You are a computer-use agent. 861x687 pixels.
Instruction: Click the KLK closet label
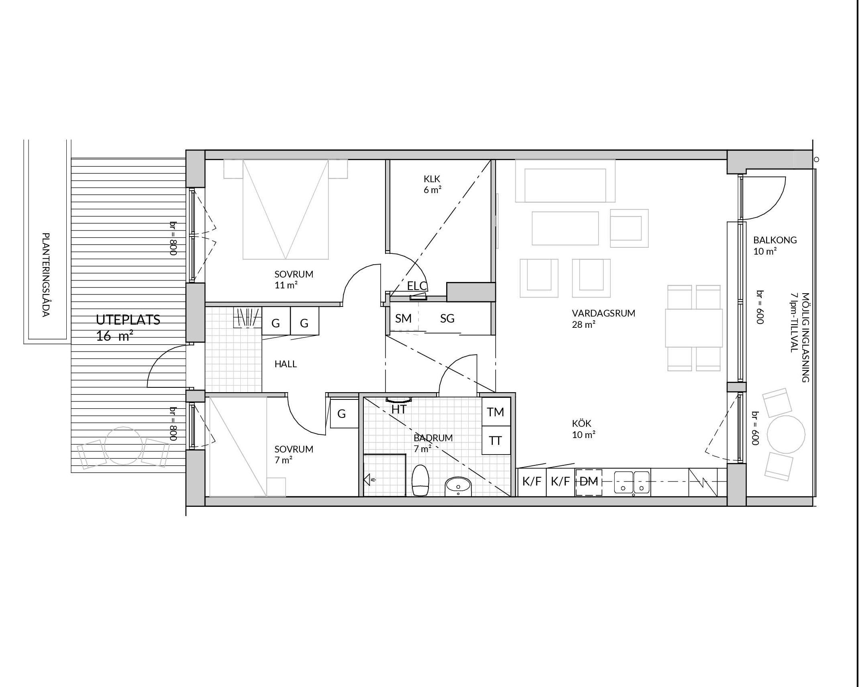coord(432,179)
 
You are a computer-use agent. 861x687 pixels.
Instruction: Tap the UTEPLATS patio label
coord(128,320)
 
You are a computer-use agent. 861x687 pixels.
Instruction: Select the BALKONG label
coord(775,240)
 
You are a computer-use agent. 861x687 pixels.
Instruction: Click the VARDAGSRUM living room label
coord(603,313)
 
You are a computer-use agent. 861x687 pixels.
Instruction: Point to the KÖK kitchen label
coord(582,424)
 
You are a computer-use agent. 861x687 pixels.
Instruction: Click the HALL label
coord(285,364)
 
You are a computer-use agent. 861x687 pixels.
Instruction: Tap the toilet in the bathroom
coord(420,480)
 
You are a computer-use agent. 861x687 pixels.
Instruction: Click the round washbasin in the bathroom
coord(458,486)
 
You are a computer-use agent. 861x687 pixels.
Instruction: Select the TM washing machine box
coord(496,412)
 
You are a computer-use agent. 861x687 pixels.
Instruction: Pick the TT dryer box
coord(496,440)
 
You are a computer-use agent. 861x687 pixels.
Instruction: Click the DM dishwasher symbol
coord(588,482)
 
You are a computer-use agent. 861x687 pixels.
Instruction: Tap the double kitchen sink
coord(632,482)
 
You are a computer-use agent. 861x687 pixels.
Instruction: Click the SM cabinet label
coord(403,319)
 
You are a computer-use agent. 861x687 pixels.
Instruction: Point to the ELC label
coord(417,286)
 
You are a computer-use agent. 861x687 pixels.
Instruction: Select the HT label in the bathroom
coord(399,409)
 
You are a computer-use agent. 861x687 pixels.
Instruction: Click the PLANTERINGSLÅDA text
coord(46,275)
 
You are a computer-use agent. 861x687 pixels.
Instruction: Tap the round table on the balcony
coord(786,434)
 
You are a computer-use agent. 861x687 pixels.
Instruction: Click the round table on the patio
coord(123,445)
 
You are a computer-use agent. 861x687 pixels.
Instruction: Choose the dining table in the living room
coord(694,328)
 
